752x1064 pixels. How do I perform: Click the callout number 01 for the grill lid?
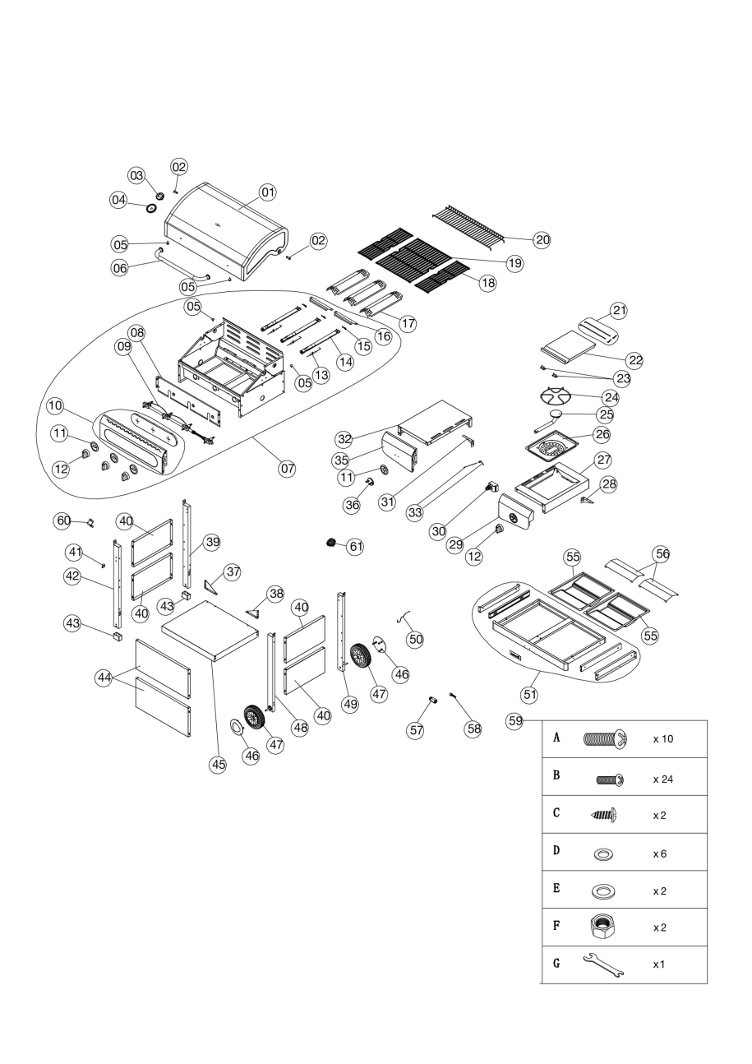pyautogui.click(x=267, y=192)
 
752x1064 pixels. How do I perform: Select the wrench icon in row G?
pyautogui.click(x=602, y=965)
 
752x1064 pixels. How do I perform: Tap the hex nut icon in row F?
pyautogui.click(x=602, y=927)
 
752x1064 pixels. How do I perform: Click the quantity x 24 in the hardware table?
pyautogui.click(x=662, y=777)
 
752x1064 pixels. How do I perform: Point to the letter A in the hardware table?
pyautogui.click(x=557, y=738)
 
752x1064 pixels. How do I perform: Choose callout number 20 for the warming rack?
pyautogui.click(x=542, y=240)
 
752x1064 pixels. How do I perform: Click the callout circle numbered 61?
pyautogui.click(x=354, y=545)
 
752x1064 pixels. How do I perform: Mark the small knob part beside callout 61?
pyautogui.click(x=332, y=543)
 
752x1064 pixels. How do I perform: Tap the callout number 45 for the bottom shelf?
pyautogui.click(x=218, y=764)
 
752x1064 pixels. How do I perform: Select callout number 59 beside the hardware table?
pyautogui.click(x=515, y=721)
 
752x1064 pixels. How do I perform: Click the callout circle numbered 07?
pyautogui.click(x=287, y=469)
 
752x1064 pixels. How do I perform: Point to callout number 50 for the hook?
pyautogui.click(x=416, y=639)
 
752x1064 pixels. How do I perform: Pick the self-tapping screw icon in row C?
pyautogui.click(x=603, y=815)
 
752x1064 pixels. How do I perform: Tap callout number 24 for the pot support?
pyautogui.click(x=611, y=397)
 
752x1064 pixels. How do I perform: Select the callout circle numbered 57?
pyautogui.click(x=417, y=729)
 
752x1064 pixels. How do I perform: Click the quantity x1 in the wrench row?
pyautogui.click(x=659, y=965)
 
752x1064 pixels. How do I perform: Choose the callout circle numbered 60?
pyautogui.click(x=63, y=520)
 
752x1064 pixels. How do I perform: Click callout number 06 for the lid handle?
pyautogui.click(x=120, y=268)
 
